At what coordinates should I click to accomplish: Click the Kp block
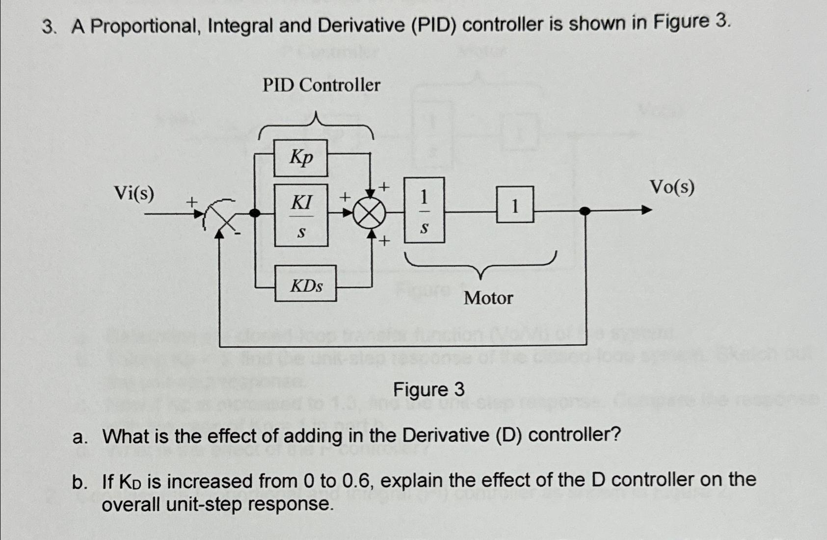click(x=300, y=157)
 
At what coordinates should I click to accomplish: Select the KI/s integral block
click(x=301, y=215)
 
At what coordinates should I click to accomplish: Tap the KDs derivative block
click(x=306, y=283)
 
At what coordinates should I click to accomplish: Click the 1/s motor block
click(x=424, y=210)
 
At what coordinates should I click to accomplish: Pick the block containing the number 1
click(x=515, y=205)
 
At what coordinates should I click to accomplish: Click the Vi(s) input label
click(x=134, y=194)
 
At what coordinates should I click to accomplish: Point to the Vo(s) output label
click(x=672, y=187)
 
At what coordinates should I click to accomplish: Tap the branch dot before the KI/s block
click(x=255, y=213)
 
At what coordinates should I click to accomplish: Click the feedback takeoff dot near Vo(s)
click(x=585, y=211)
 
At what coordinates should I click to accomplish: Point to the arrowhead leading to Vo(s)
click(x=646, y=210)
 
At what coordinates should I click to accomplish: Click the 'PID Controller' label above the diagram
click(x=321, y=85)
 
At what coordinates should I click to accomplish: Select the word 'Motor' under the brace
click(x=488, y=298)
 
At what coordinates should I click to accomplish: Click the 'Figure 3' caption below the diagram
click(x=428, y=390)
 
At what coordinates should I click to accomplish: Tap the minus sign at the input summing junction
click(x=238, y=234)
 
